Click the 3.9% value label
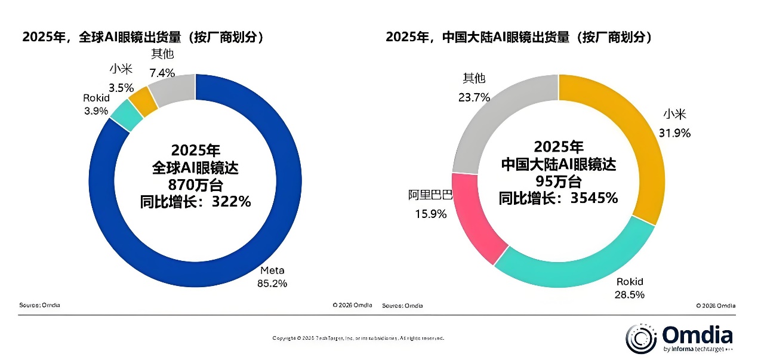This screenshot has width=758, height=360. (95, 110)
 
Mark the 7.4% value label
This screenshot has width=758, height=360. (162, 73)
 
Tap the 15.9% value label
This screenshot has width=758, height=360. (431, 213)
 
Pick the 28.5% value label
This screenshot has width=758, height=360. (629, 294)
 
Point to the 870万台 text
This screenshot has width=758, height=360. (195, 184)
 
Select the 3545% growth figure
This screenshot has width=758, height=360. (593, 198)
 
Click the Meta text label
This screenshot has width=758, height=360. (272, 270)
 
